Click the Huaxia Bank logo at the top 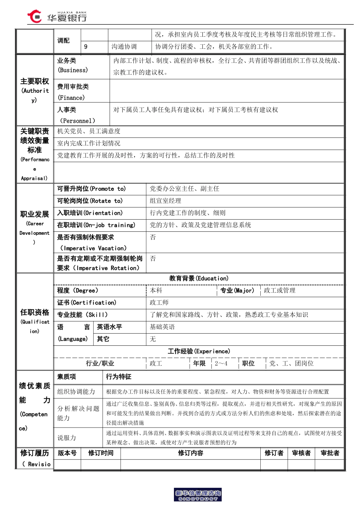click(57, 17)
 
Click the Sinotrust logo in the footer click(198, 495)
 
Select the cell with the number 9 click(86, 47)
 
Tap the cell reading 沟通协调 click(124, 47)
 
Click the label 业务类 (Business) click(72, 65)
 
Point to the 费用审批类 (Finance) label click(73, 92)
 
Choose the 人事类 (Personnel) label click(76, 115)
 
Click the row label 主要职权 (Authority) click(34, 90)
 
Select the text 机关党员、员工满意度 click(89, 131)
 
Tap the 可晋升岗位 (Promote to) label click(91, 189)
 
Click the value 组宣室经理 click(165, 201)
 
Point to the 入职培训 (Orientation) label click(90, 213)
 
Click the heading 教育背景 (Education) click(199, 278)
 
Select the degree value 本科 click(156, 290)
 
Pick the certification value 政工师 click(159, 303)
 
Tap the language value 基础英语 click(162, 327)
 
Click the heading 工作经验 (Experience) click(199, 351)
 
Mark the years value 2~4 click(221, 364)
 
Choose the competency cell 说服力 click(67, 438)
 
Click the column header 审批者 click(330, 453)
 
